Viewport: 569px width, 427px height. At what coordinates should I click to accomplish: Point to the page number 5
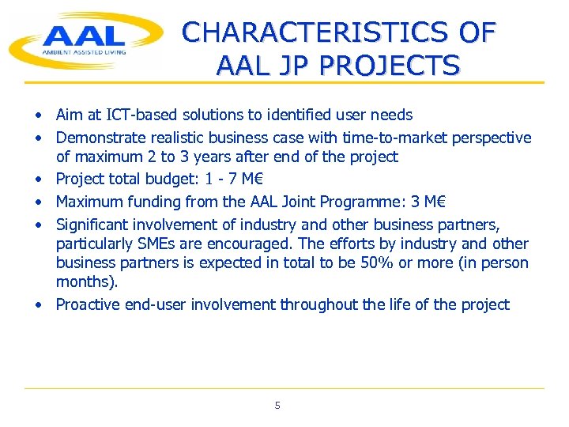pyautogui.click(x=277, y=406)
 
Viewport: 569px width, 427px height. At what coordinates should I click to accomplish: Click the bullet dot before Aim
pyautogui.click(x=37, y=116)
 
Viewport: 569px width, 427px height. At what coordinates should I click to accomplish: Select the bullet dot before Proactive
pyautogui.click(x=37, y=305)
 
